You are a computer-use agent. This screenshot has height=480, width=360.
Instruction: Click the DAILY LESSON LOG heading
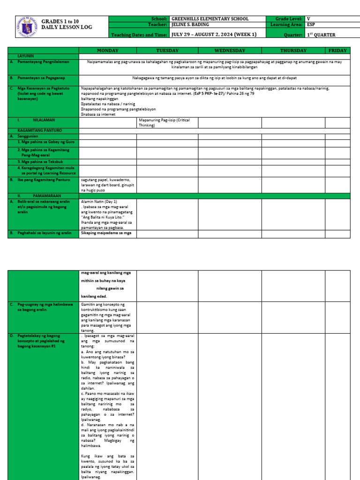[x=67, y=27]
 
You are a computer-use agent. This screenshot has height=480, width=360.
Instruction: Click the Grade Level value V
[x=308, y=19]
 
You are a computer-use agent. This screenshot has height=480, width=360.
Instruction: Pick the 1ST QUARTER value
[x=321, y=35]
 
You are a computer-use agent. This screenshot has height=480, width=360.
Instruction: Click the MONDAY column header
[x=107, y=51]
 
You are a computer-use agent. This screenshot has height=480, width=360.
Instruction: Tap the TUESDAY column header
[x=167, y=51]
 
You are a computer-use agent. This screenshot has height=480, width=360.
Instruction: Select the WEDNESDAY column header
[x=230, y=51]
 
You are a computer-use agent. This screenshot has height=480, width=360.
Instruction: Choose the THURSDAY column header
[x=293, y=51]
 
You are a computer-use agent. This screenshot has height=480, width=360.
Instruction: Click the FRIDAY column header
[x=337, y=51]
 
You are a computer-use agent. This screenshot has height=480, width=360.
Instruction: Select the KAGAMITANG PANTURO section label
[x=39, y=130]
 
